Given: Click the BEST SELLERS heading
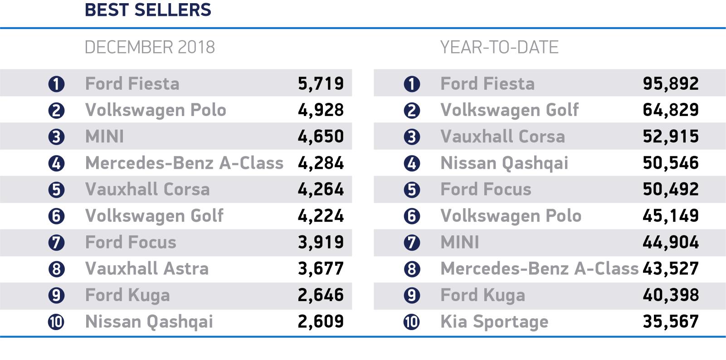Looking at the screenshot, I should coord(148,10).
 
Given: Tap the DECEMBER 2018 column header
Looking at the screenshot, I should coord(150,47).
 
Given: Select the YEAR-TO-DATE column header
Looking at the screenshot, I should coord(499,47).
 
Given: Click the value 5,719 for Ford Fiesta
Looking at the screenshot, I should coord(321,83).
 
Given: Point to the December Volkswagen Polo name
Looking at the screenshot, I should coord(156,110).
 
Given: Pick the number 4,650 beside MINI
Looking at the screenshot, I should coord(321,136).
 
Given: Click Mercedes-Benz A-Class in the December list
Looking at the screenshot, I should coord(184,163).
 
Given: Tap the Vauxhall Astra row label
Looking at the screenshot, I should coord(147,269).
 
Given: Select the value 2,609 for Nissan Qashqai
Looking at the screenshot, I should coord(321,321).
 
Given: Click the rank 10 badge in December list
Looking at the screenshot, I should coord(56,322).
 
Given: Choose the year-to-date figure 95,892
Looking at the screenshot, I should coord(671,83).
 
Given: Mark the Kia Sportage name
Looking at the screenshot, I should coord(494,321).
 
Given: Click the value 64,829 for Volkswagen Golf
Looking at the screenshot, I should coord(671,110).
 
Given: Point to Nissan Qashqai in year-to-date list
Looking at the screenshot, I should coord(504,163).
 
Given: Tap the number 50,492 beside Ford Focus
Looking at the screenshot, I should coord(671,190).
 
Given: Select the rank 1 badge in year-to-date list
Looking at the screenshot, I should coord(411,84).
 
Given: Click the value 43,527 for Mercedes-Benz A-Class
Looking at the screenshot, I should coord(671,269).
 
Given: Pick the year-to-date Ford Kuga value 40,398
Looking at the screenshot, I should coord(671,295).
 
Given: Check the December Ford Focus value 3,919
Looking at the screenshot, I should coord(321,242).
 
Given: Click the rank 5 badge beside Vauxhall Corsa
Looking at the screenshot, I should coord(56,190).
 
